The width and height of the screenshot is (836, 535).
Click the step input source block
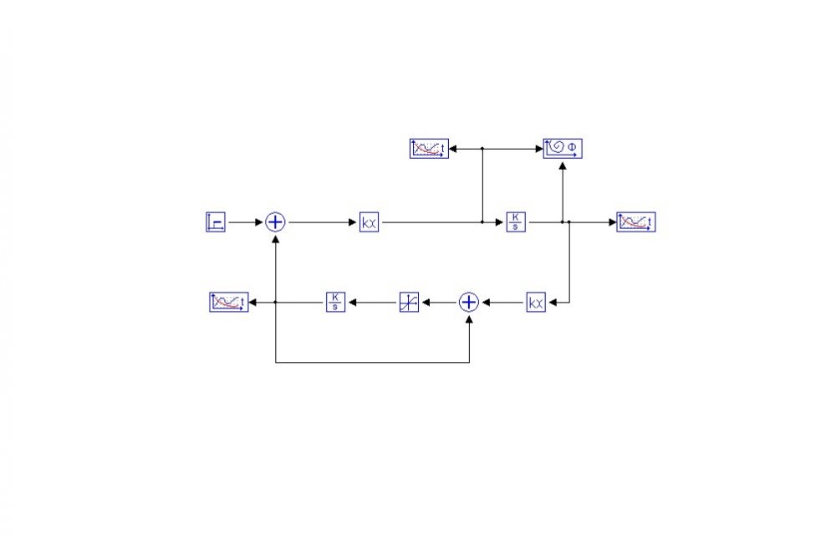coord(215,222)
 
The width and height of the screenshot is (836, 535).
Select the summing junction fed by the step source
coord(275,222)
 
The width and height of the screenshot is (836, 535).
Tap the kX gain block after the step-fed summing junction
coord(369,222)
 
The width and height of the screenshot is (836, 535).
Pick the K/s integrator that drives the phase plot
coord(516,222)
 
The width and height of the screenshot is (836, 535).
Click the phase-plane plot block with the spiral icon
coord(563,149)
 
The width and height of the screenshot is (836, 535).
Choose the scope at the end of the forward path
coord(636,222)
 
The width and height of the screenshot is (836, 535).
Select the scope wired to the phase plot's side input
coord(429,149)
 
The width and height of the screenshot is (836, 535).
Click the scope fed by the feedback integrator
coord(228,303)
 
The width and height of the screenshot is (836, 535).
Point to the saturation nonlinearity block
coord(409,303)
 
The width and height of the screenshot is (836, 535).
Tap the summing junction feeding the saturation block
coord(469,303)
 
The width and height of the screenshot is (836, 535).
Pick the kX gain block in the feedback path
coord(536,303)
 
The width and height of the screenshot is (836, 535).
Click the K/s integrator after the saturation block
coord(335,303)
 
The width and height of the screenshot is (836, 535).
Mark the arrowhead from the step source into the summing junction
coord(260,222)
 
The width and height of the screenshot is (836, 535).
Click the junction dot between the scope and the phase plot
coord(482,149)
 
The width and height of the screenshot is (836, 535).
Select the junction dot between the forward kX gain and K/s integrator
coord(482,222)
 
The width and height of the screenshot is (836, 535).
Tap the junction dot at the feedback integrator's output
coord(275,303)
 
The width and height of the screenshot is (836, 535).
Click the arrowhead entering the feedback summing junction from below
coord(469,318)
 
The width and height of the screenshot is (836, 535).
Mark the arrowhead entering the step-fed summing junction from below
coord(275,237)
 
